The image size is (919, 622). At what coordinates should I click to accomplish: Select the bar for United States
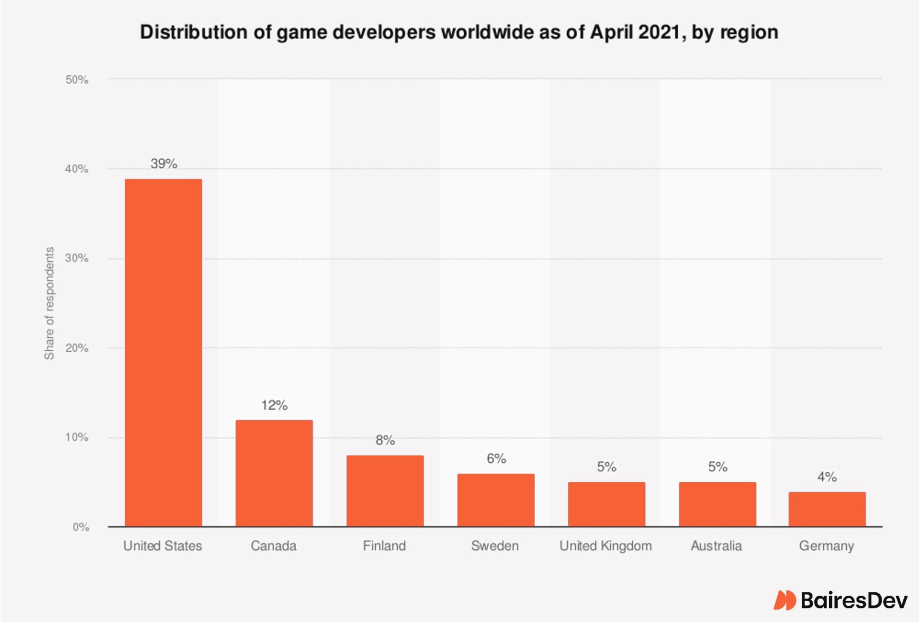click(x=163, y=353)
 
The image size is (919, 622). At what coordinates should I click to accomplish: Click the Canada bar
click(x=274, y=473)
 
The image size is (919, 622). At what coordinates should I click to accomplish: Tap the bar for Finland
click(x=385, y=491)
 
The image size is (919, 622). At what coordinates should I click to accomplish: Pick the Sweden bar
click(x=495, y=500)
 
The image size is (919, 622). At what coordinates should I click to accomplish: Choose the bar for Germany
click(x=827, y=509)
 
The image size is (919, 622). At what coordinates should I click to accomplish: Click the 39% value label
click(x=164, y=164)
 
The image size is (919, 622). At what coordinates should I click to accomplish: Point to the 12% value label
click(x=274, y=405)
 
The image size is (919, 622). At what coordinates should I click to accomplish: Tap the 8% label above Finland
click(x=385, y=440)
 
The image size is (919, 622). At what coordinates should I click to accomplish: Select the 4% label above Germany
click(x=827, y=477)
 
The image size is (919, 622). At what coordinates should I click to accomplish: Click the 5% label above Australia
click(x=717, y=466)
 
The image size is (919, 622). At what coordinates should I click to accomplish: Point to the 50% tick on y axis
click(x=77, y=79)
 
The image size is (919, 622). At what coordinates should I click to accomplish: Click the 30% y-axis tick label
click(x=77, y=258)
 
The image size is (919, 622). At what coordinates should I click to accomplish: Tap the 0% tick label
click(x=80, y=527)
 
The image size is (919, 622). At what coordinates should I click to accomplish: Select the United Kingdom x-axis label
click(x=605, y=546)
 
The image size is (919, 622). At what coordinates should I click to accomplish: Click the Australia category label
click(x=716, y=546)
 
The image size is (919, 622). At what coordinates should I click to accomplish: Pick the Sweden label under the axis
click(x=495, y=546)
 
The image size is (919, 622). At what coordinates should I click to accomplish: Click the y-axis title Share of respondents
click(x=49, y=303)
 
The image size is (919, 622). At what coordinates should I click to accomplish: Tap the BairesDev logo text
click(x=853, y=600)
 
